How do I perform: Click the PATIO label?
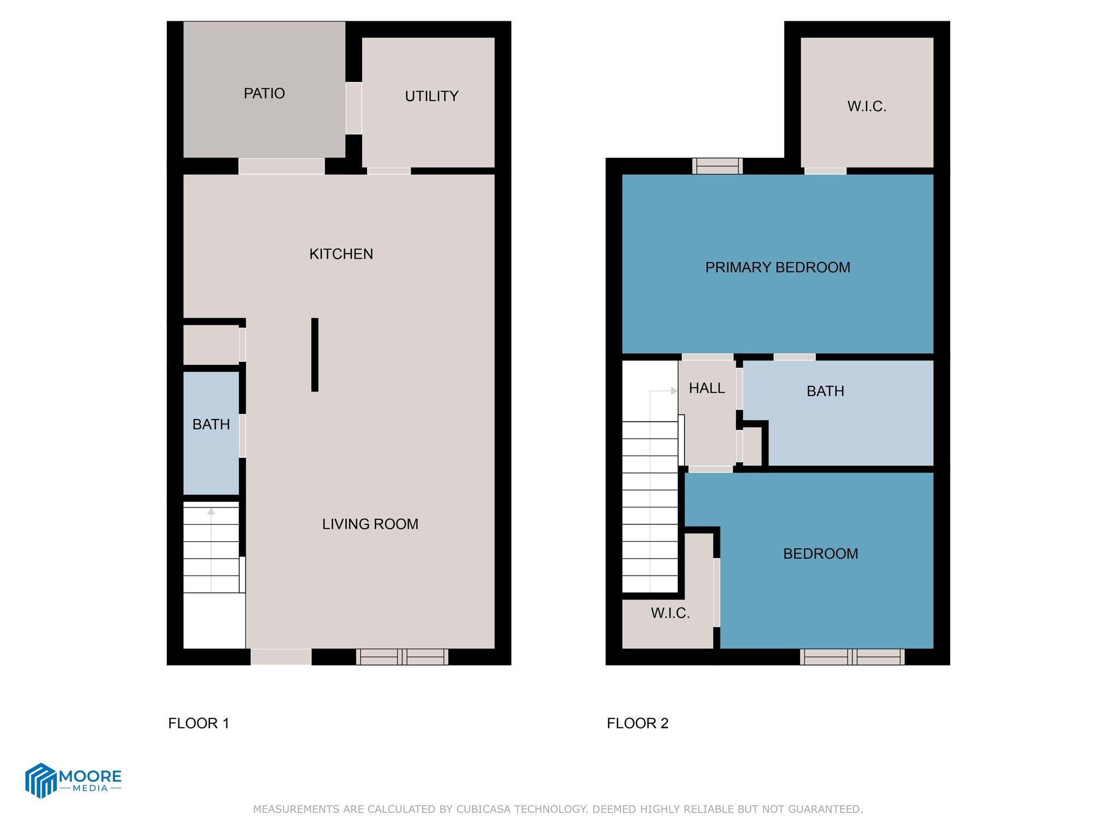point(264,93)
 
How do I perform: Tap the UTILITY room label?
point(431,96)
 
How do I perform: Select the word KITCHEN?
point(341,254)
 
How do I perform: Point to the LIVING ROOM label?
point(370,524)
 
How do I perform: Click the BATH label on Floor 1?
point(211,424)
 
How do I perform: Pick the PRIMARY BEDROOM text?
point(777,267)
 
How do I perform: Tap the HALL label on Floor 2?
point(707,388)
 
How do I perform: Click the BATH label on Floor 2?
point(825,391)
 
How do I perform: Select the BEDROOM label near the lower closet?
point(820,554)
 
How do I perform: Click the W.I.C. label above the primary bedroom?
point(867,106)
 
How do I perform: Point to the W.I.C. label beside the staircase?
point(670,613)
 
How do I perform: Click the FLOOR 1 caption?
point(199,723)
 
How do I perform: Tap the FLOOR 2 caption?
point(637,723)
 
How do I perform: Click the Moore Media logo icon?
point(41,780)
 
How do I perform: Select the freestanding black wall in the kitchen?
point(315,355)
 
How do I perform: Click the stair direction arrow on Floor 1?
point(211,512)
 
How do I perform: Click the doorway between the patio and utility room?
point(353,107)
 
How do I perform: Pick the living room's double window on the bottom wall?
point(402,657)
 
